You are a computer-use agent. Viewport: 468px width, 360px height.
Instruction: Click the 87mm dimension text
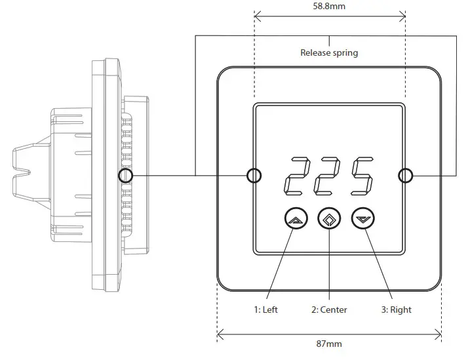point(329,343)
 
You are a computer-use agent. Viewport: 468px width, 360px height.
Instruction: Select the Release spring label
point(329,52)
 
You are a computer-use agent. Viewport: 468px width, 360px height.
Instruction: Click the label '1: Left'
point(265,310)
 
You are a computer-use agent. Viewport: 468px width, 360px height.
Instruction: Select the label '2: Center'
point(328,310)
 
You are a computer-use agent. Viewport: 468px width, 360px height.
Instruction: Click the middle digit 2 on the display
point(328,176)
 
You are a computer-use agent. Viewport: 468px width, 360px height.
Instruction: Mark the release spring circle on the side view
point(125,176)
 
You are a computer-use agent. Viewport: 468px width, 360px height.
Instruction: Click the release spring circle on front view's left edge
point(254,176)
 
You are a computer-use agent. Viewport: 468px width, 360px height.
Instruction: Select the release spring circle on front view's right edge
point(406,176)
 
